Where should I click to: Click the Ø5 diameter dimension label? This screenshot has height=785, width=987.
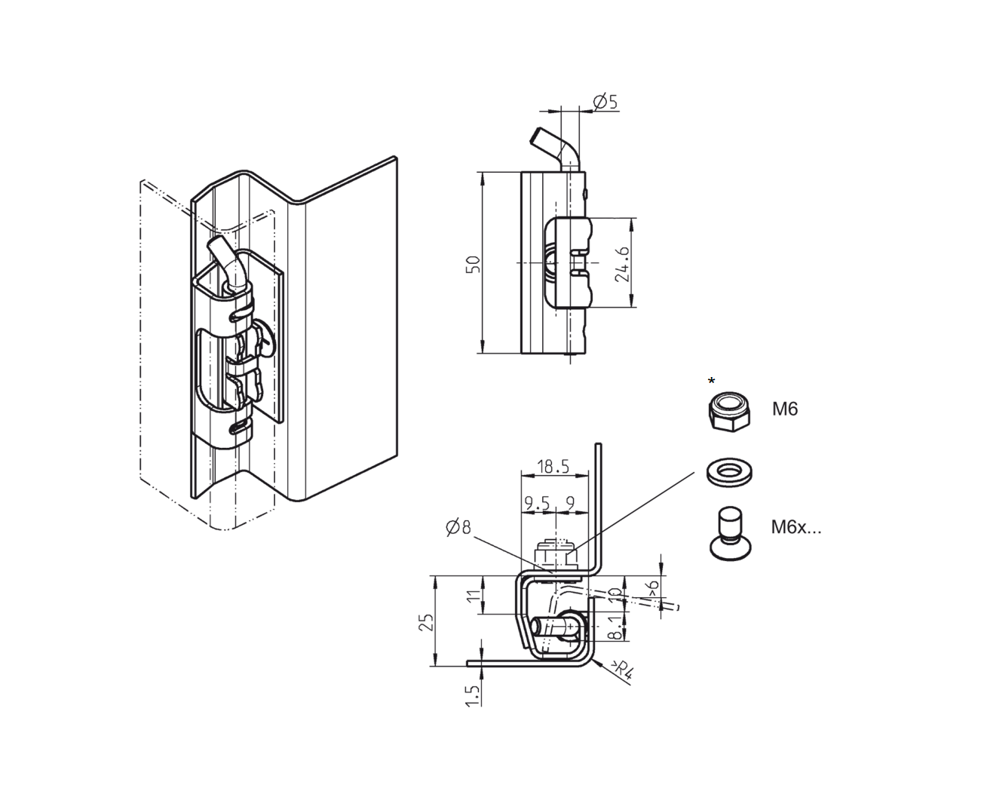click(x=605, y=101)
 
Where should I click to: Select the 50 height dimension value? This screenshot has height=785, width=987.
click(x=473, y=263)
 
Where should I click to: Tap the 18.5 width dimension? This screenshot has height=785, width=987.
click(x=553, y=467)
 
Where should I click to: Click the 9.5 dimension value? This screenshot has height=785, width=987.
click(x=535, y=502)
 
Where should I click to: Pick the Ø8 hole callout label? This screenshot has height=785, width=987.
click(x=458, y=527)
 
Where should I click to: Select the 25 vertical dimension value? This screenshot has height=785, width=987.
click(x=427, y=621)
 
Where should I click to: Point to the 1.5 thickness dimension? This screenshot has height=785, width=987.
click(x=473, y=695)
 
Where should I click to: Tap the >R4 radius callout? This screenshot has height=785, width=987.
click(x=621, y=670)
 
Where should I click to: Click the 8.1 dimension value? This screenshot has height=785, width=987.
click(x=615, y=627)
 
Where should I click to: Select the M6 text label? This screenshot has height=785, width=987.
click(x=784, y=409)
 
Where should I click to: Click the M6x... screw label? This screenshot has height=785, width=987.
click(x=795, y=527)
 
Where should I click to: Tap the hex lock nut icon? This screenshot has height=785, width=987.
click(x=729, y=411)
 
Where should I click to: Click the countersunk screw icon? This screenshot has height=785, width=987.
click(x=728, y=533)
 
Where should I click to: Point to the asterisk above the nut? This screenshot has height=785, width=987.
click(x=711, y=382)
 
